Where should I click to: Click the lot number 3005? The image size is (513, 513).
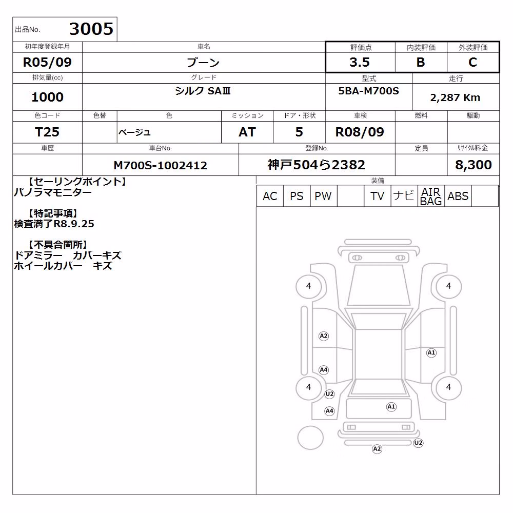[91, 29]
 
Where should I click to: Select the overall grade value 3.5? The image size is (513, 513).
[360, 62]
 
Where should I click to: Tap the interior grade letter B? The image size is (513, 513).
[421, 62]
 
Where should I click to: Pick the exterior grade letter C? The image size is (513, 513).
[472, 62]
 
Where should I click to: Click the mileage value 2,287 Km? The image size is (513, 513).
[455, 97]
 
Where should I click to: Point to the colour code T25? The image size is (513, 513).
[47, 132]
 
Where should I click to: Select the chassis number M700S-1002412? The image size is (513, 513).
[160, 165]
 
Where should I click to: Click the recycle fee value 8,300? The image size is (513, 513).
[473, 165]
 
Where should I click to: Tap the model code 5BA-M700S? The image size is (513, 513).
[369, 91]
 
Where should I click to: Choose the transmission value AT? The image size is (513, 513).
[247, 132]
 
